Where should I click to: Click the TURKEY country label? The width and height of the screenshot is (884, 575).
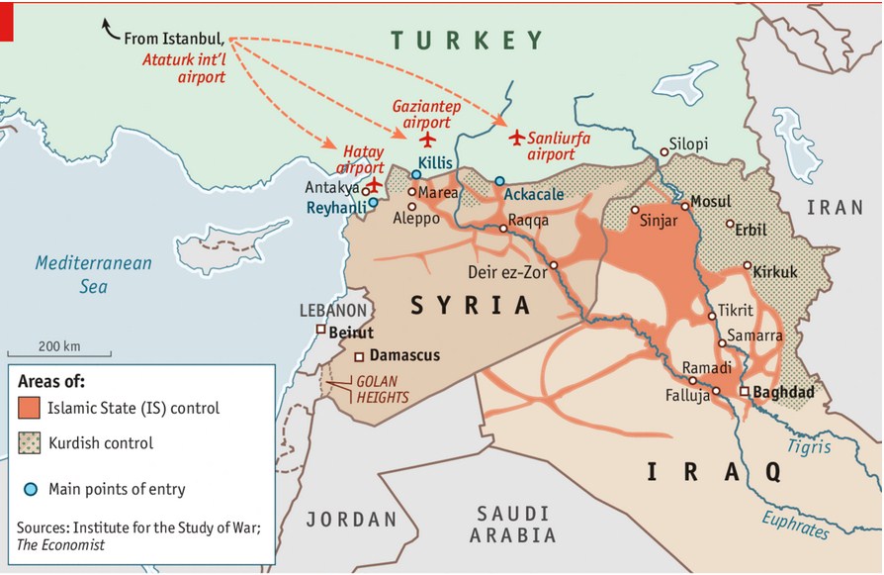(x=467, y=41)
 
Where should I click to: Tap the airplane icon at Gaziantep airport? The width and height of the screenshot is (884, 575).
(x=427, y=139)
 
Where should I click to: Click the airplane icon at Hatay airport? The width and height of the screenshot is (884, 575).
(x=375, y=184)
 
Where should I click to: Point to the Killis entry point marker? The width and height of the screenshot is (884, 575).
(x=415, y=174)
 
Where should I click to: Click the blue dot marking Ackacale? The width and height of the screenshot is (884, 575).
(x=499, y=181)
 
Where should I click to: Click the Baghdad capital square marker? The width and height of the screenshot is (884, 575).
(x=744, y=392)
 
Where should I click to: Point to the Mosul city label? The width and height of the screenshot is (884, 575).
(x=710, y=201)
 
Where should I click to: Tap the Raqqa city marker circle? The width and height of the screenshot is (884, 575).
(x=503, y=229)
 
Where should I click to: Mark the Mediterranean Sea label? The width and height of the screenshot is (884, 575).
(x=94, y=274)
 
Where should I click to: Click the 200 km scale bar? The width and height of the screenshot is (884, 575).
(x=59, y=352)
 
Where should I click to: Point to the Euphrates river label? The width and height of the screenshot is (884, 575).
(x=797, y=523)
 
